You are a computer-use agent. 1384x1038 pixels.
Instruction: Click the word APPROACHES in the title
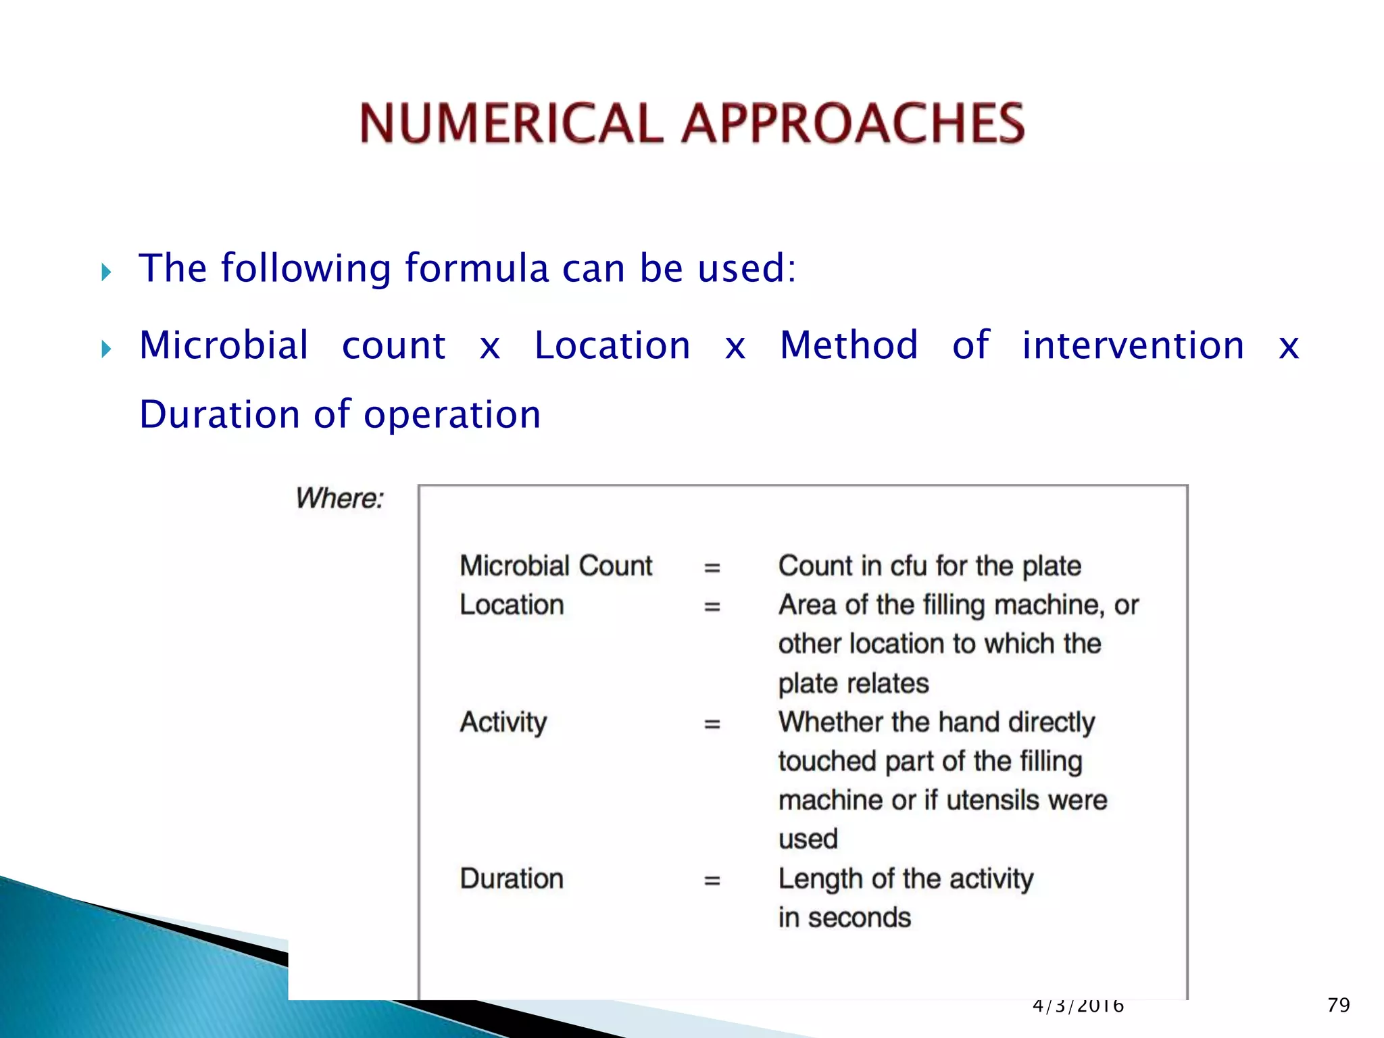[x=853, y=123]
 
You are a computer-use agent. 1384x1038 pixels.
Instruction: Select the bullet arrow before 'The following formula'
[x=106, y=272]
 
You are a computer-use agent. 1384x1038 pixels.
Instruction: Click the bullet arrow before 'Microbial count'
[x=106, y=349]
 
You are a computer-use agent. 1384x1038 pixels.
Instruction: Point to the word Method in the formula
[x=849, y=345]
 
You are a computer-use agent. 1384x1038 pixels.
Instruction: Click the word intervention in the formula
[x=1133, y=345]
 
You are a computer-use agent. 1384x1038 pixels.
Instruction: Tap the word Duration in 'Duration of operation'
[x=219, y=414]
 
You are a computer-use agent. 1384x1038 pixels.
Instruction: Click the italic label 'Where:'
[x=339, y=499]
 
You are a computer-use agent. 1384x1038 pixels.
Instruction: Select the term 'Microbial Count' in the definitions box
[x=555, y=566]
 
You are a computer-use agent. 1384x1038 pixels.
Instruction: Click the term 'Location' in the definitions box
[x=512, y=605]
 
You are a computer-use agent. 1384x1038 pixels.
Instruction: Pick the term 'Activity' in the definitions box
[x=503, y=722]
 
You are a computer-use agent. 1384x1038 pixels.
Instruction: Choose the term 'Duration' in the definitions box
[x=512, y=879]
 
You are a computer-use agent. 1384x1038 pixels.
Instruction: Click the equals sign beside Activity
[x=712, y=724]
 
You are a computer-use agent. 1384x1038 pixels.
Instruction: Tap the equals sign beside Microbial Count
[x=712, y=568]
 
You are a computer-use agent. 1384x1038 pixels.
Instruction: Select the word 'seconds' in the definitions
[x=859, y=918]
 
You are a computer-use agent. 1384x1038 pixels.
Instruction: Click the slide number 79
[x=1338, y=1005]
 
